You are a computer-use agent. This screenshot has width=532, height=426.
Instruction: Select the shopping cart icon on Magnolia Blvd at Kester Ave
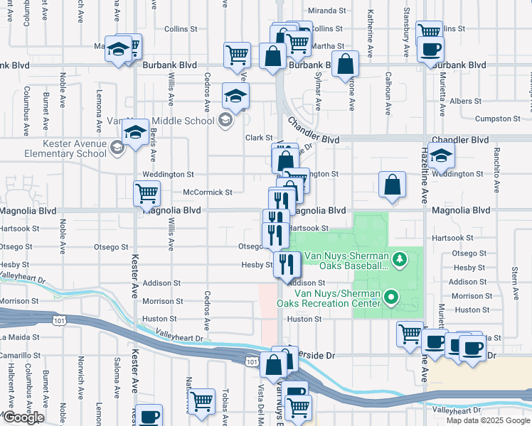pyautogui.click(x=147, y=192)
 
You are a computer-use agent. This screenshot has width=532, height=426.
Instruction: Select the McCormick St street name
pyautogui.click(x=208, y=192)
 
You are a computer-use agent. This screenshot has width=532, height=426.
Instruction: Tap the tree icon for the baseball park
pyautogui.click(x=400, y=257)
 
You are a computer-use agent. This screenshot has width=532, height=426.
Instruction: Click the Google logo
pyautogui.click(x=23, y=417)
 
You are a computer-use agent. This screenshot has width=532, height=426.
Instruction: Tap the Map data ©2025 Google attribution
pyautogui.click(x=488, y=420)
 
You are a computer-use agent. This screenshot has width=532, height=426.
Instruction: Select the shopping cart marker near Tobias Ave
pyautogui.click(x=201, y=401)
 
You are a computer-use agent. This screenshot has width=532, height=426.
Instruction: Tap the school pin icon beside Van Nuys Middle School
pyautogui.click(x=225, y=120)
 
